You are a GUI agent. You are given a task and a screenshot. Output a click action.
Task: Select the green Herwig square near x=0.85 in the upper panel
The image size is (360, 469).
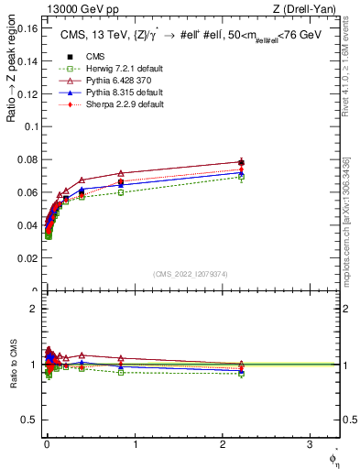[121, 192]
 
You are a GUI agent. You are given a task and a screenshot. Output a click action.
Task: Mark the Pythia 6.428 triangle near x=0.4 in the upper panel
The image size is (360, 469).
[82, 180]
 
